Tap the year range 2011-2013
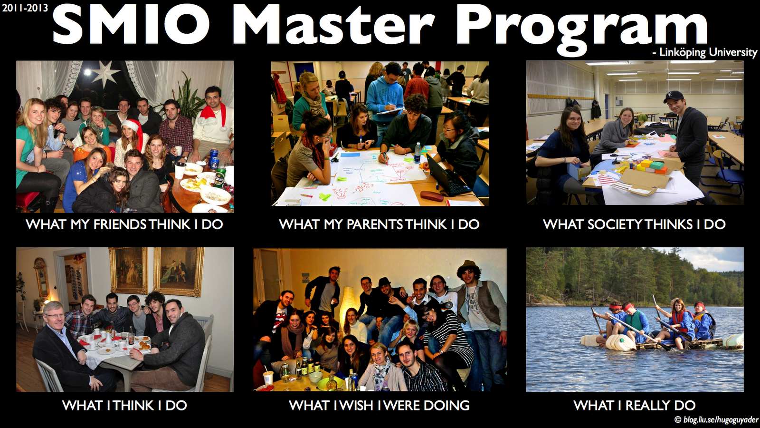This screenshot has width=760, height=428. click(25, 8)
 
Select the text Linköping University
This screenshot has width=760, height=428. click(708, 52)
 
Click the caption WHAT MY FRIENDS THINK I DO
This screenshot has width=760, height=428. click(124, 224)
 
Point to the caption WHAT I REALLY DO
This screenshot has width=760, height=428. click(635, 405)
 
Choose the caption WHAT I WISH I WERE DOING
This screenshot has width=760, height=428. click(380, 405)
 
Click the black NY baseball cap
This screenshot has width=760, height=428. click(674, 96)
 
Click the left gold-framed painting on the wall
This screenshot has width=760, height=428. click(128, 271)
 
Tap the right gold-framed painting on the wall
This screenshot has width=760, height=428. click(179, 272)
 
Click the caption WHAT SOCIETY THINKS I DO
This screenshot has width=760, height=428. click(634, 224)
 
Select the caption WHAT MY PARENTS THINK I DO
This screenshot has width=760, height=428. click(379, 224)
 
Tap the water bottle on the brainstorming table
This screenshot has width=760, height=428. click(418, 152)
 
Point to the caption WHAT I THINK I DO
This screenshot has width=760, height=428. click(124, 405)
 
